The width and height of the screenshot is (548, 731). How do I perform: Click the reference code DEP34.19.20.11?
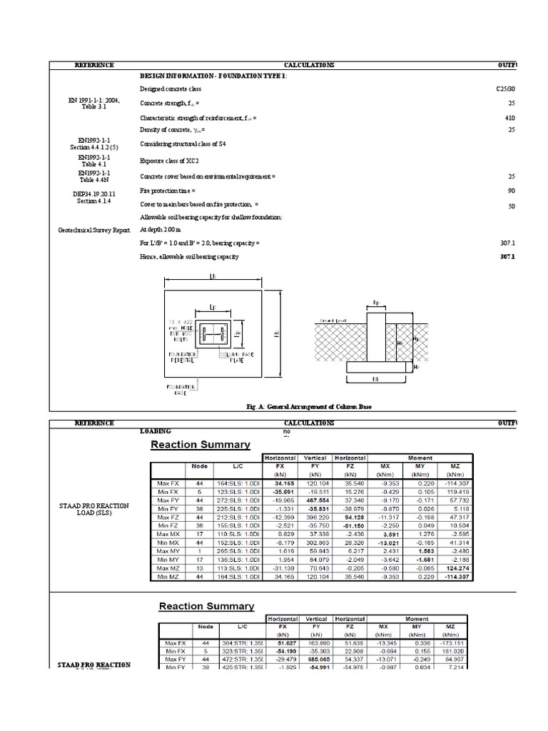[x=94, y=194]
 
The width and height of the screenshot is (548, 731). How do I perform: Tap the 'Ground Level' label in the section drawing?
[x=333, y=321]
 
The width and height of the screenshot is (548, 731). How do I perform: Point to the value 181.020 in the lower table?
[x=450, y=651]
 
